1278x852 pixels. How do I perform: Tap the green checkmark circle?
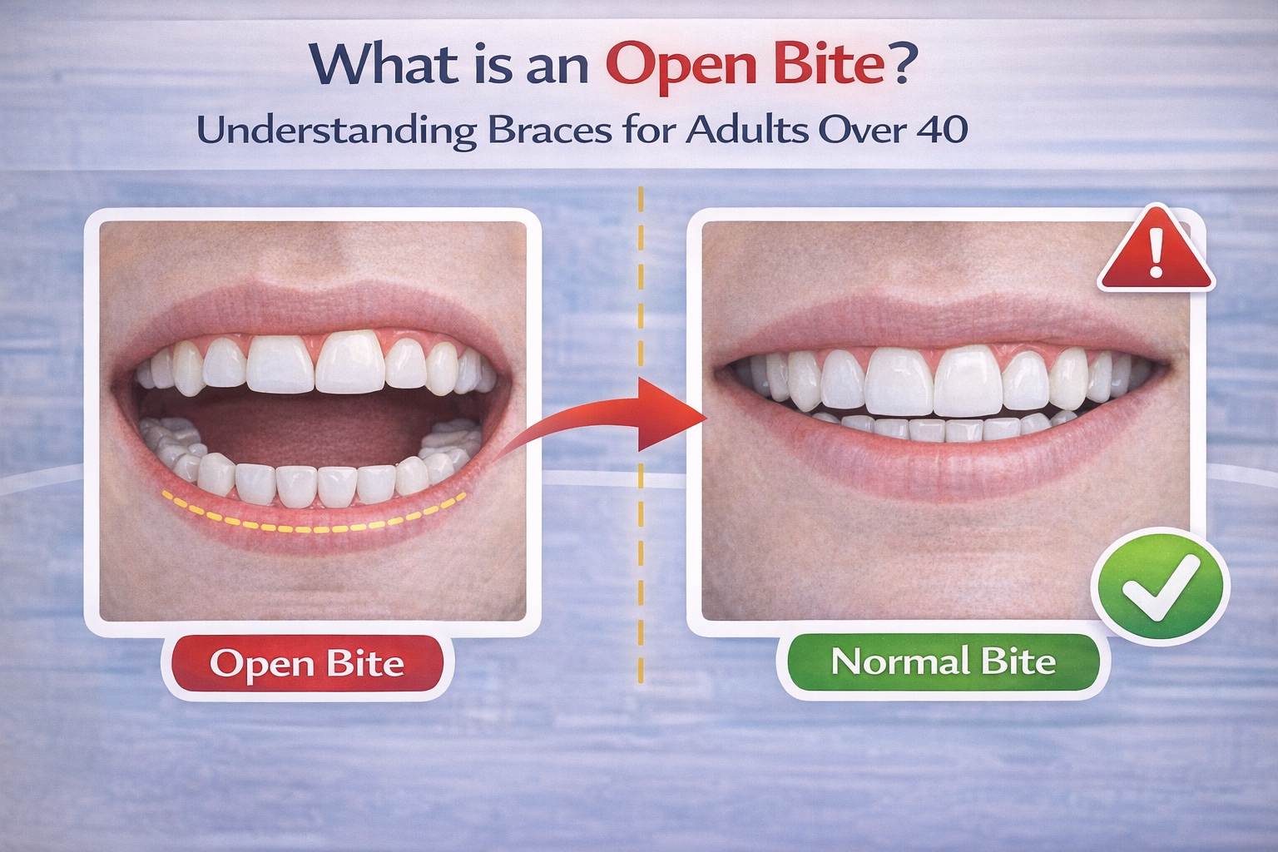tap(1160, 587)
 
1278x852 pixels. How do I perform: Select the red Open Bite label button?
tap(306, 664)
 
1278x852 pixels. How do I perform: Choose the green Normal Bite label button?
tap(943, 662)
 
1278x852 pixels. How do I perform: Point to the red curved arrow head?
tap(671, 414)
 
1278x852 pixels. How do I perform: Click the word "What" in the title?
tap(384, 63)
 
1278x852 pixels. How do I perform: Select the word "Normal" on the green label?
tap(899, 662)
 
